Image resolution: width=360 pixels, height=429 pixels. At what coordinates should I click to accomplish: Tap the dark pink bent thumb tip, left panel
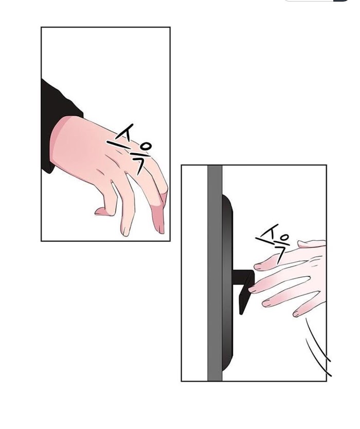(x=101, y=211)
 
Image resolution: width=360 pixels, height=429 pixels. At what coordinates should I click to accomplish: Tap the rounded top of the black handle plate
(x=227, y=203)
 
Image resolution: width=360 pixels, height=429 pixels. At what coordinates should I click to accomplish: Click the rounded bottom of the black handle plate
(x=227, y=361)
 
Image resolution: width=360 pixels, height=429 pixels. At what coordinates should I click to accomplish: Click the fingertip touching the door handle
(x=254, y=289)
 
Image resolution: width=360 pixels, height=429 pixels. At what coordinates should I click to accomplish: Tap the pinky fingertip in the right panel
(x=297, y=313)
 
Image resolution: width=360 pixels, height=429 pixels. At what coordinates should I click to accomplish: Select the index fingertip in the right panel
(x=259, y=266)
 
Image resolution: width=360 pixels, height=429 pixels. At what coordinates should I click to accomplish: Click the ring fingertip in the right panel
(x=267, y=302)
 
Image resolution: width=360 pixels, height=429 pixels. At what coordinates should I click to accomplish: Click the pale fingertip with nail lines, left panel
(x=125, y=230)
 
